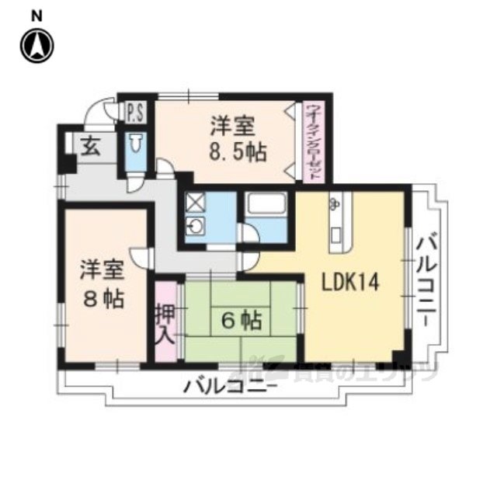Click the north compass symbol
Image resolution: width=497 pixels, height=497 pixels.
(36, 46)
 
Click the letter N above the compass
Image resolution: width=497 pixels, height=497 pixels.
(36, 15)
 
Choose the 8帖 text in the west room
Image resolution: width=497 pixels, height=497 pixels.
(104, 300)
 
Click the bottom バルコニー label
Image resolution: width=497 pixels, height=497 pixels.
(231, 386)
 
